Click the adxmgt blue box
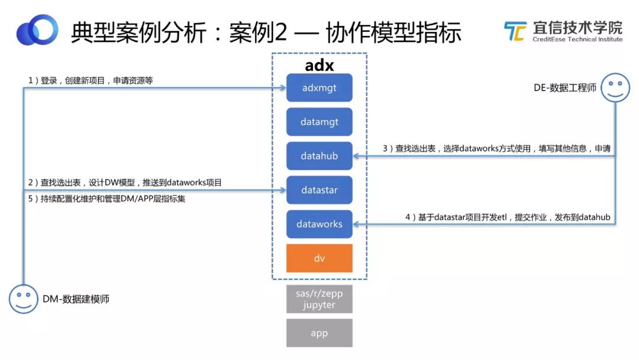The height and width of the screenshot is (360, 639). point(319,88)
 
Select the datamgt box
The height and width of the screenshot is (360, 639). point(319,122)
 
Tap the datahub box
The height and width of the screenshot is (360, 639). point(319,156)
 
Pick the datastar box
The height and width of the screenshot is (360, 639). point(319,191)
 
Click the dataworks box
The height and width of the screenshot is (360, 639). point(319,224)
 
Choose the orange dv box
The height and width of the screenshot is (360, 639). point(319,258)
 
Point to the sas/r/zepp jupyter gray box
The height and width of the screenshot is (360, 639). point(319,299)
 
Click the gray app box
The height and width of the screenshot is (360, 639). point(319,333)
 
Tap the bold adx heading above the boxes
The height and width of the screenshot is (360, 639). point(319,65)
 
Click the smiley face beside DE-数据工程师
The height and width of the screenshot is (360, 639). point(615,88)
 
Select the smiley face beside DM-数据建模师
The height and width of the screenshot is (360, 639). point(23,298)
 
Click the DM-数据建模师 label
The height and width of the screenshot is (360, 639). point(76,300)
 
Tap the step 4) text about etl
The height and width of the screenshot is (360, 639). point(507,217)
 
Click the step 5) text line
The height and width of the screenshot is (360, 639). point(106,199)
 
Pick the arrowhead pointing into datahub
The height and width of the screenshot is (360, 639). point(356,156)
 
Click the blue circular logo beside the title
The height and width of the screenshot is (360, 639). point(37,30)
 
